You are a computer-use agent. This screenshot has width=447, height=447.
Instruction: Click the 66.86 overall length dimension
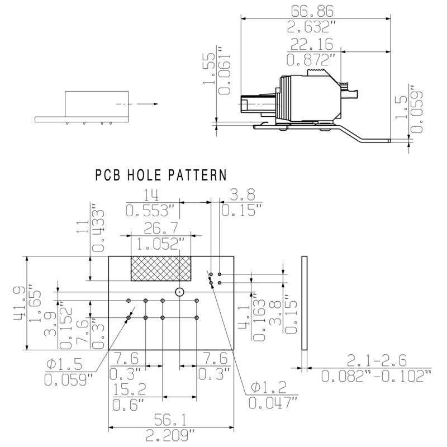pyautogui.click(x=313, y=11)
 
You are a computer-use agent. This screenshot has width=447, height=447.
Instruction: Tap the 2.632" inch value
pyautogui.click(x=313, y=26)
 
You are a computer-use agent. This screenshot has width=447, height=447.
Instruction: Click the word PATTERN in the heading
pyautogui.click(x=192, y=175)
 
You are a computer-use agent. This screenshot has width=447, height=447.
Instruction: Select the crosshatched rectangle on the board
pyautogui.click(x=160, y=268)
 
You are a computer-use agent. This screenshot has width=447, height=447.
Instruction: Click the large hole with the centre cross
pyautogui.click(x=179, y=292)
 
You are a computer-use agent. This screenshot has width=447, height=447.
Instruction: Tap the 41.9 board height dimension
pyautogui.click(x=19, y=303)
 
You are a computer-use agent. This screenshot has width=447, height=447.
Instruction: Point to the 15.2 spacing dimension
pyautogui.click(x=130, y=388)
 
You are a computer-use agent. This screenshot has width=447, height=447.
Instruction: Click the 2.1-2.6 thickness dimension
pyautogui.click(x=376, y=360)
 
